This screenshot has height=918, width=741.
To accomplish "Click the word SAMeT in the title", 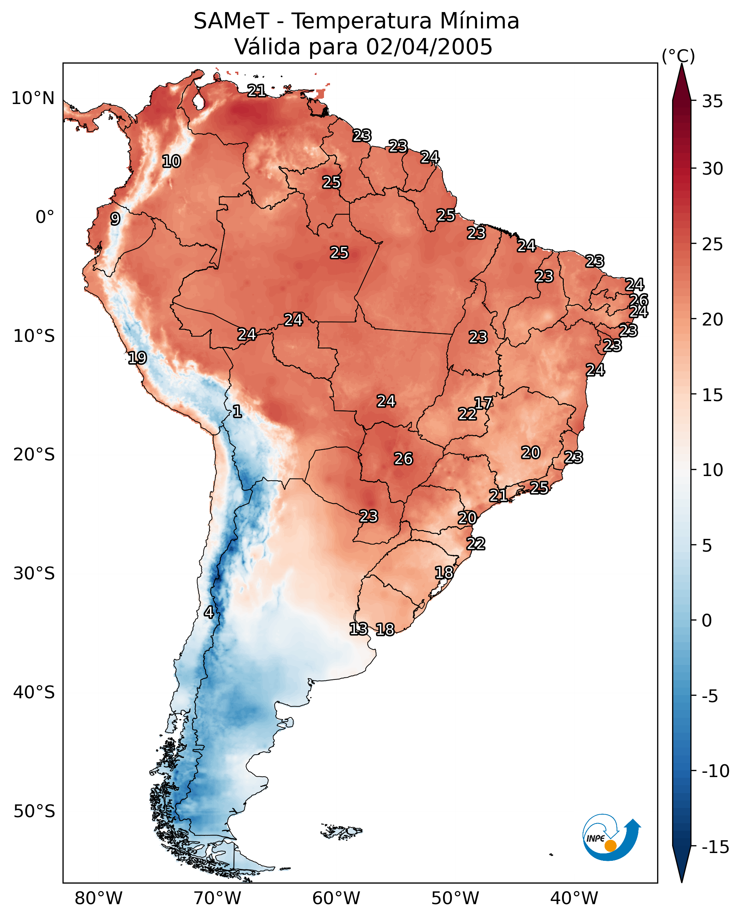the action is pos(231,21).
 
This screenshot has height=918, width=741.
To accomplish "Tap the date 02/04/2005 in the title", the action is pos(429,47).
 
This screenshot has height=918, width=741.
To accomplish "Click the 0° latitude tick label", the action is pos(45,217).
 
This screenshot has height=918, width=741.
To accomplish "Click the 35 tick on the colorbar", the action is pos(712,102).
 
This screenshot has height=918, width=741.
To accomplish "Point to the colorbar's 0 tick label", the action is pos(707,621).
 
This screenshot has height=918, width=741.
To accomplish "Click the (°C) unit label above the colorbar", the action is pos(678,56).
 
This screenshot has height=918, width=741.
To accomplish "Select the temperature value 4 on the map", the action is pos(209,612).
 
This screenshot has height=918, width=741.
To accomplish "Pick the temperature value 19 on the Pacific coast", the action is pos(137,357).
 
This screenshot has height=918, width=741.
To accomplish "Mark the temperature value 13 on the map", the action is pos(358,628).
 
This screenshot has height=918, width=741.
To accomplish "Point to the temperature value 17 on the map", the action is pos(483,403).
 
